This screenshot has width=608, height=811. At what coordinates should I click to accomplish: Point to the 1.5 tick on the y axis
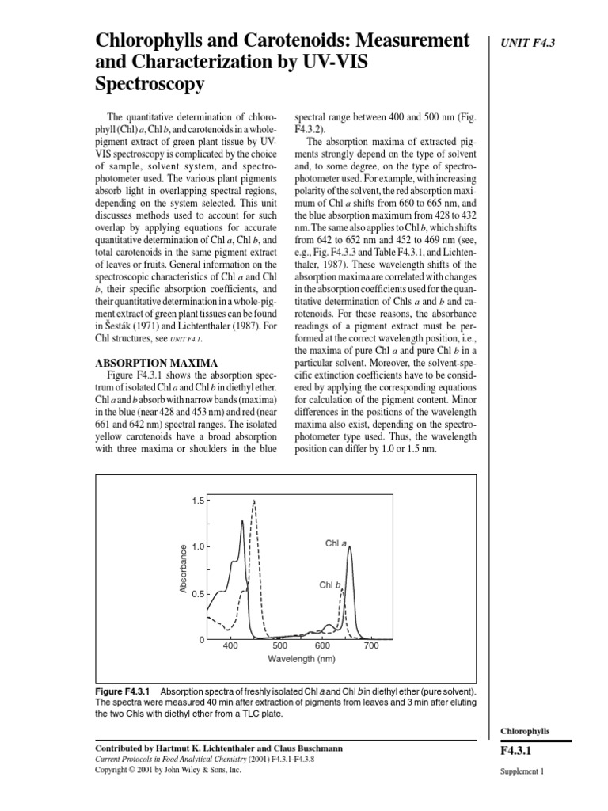tap(197, 501)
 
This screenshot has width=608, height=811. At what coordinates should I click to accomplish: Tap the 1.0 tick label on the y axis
tap(197, 547)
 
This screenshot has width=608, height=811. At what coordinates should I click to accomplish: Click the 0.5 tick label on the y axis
tap(197, 593)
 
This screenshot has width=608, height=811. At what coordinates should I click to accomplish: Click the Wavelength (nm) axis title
tap(302, 659)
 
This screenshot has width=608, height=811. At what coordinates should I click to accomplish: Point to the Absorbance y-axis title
tap(183, 569)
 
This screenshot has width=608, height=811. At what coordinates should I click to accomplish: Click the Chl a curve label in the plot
tap(336, 543)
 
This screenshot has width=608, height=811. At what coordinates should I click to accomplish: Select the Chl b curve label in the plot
tap(330, 584)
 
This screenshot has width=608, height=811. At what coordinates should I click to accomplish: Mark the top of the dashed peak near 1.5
tap(254, 501)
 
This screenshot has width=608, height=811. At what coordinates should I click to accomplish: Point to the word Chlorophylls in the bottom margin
tap(526, 731)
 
